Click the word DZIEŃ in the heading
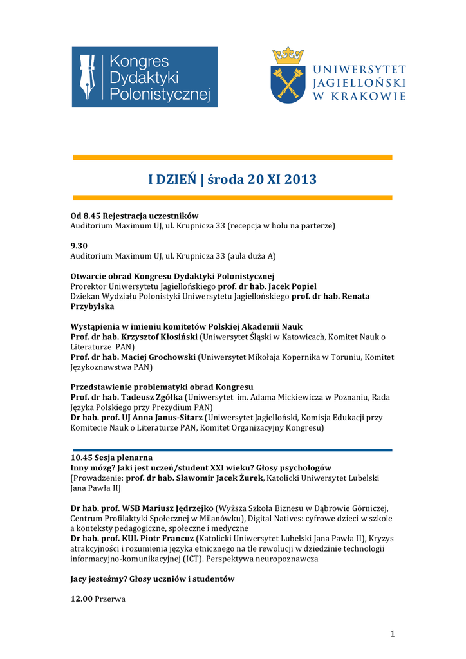[174, 180]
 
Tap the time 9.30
[79, 245]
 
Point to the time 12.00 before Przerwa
[81, 599]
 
